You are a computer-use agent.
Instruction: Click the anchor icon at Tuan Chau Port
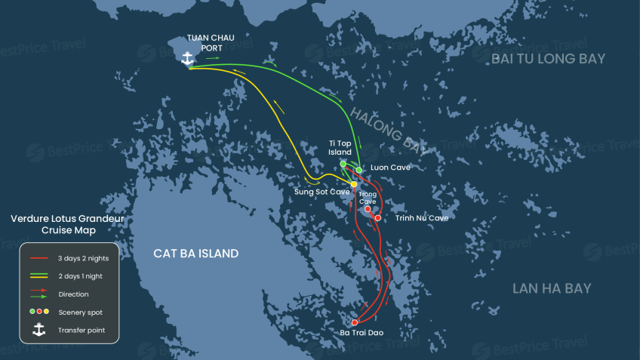[x=188, y=57]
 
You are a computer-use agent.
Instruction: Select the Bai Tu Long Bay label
[x=548, y=59]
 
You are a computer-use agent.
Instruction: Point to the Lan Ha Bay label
[x=551, y=288]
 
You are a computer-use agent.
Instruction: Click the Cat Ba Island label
[x=195, y=254]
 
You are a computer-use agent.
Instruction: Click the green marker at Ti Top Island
[x=343, y=164]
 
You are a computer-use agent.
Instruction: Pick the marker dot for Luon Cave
[x=359, y=170]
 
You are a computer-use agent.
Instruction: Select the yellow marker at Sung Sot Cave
[x=354, y=184]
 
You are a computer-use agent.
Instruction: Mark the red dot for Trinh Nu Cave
[x=378, y=218]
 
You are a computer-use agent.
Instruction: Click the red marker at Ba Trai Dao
[x=355, y=322]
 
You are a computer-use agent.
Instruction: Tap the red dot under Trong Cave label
[x=368, y=210]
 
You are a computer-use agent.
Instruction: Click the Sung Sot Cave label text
[x=321, y=192]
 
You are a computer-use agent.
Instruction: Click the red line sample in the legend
[x=39, y=259]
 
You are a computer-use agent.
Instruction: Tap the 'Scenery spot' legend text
[x=80, y=312]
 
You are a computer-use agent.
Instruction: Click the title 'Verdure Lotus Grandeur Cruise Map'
[x=67, y=224]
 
